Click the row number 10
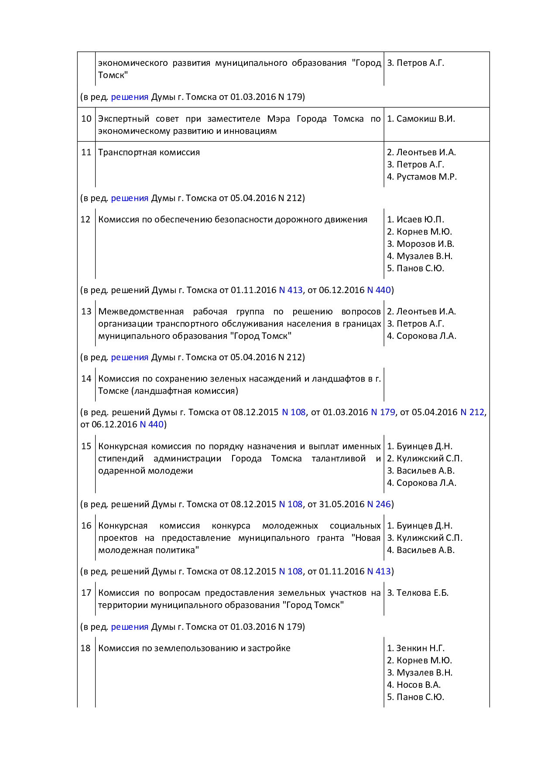coord(86,119)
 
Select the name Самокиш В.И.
coord(425,119)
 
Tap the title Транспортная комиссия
coord(149,152)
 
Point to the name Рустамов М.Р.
coord(426,177)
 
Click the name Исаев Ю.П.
coord(420,219)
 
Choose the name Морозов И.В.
coord(425,244)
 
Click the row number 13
coord(86,311)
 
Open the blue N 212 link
coord(472,412)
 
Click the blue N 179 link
coord(383,412)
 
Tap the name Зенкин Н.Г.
coord(420,648)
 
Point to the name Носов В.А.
coord(418,685)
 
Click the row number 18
coord(86,648)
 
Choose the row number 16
coord(86,526)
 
